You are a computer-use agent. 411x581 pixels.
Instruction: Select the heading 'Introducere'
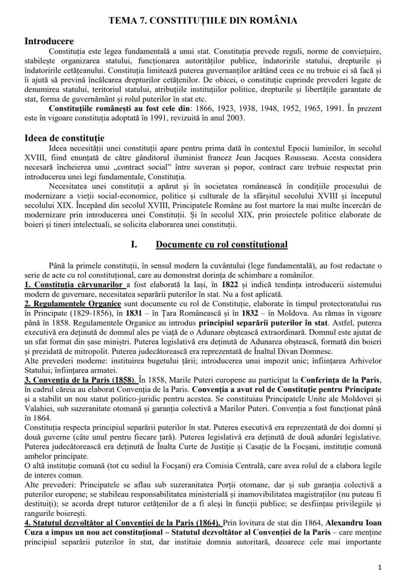pos(49,41)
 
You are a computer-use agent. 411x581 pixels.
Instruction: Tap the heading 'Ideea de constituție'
pos(64,138)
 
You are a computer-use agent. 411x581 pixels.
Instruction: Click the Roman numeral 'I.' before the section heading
pos(133,245)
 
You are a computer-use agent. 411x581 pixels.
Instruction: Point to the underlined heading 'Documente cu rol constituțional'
pos(221,245)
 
